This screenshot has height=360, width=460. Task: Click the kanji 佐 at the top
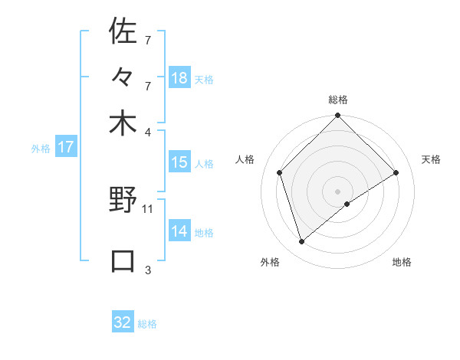click(x=123, y=31)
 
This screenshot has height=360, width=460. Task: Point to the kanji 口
click(x=123, y=261)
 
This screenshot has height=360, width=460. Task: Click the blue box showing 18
click(x=179, y=78)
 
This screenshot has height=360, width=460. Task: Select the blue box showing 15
click(x=179, y=162)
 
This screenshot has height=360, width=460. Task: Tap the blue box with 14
click(x=179, y=231)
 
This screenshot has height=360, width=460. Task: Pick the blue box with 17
click(x=66, y=147)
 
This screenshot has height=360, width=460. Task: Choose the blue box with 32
click(x=123, y=322)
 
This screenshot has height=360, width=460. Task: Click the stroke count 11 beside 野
click(x=148, y=208)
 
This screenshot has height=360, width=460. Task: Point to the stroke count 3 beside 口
click(x=148, y=269)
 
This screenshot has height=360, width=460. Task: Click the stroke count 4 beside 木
click(x=148, y=131)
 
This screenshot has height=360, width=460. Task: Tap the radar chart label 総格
click(x=338, y=100)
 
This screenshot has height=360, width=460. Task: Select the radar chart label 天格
click(x=431, y=159)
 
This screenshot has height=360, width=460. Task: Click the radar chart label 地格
click(x=402, y=262)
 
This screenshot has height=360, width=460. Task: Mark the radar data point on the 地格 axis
click(x=347, y=204)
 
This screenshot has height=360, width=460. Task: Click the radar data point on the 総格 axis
click(x=338, y=116)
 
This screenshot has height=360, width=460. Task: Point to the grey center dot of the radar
click(x=338, y=191)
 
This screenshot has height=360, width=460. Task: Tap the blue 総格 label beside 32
click(x=147, y=324)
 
